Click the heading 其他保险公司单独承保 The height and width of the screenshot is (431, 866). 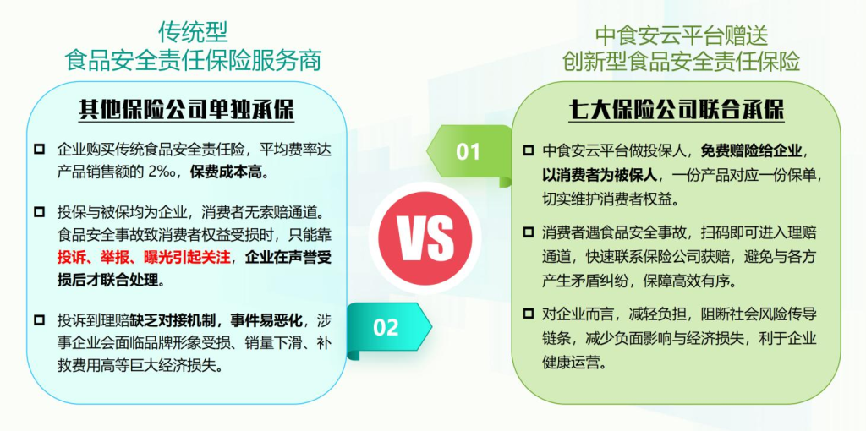coord(186,112)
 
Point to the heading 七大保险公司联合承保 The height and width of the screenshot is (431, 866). coord(677,112)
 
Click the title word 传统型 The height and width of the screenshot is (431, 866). coord(193,33)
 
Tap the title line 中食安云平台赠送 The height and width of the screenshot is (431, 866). coord(682,35)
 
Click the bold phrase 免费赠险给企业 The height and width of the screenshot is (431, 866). coord(752,150)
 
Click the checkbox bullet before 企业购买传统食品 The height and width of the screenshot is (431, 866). coord(39,149)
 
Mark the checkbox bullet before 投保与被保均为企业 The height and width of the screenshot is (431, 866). coord(39,211)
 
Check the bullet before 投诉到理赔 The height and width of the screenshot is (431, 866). coord(39,320)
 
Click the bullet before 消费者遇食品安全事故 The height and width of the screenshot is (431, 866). coord(529,232)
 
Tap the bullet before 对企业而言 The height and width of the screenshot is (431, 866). coord(529,314)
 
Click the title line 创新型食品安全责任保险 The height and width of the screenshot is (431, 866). coord(682,63)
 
